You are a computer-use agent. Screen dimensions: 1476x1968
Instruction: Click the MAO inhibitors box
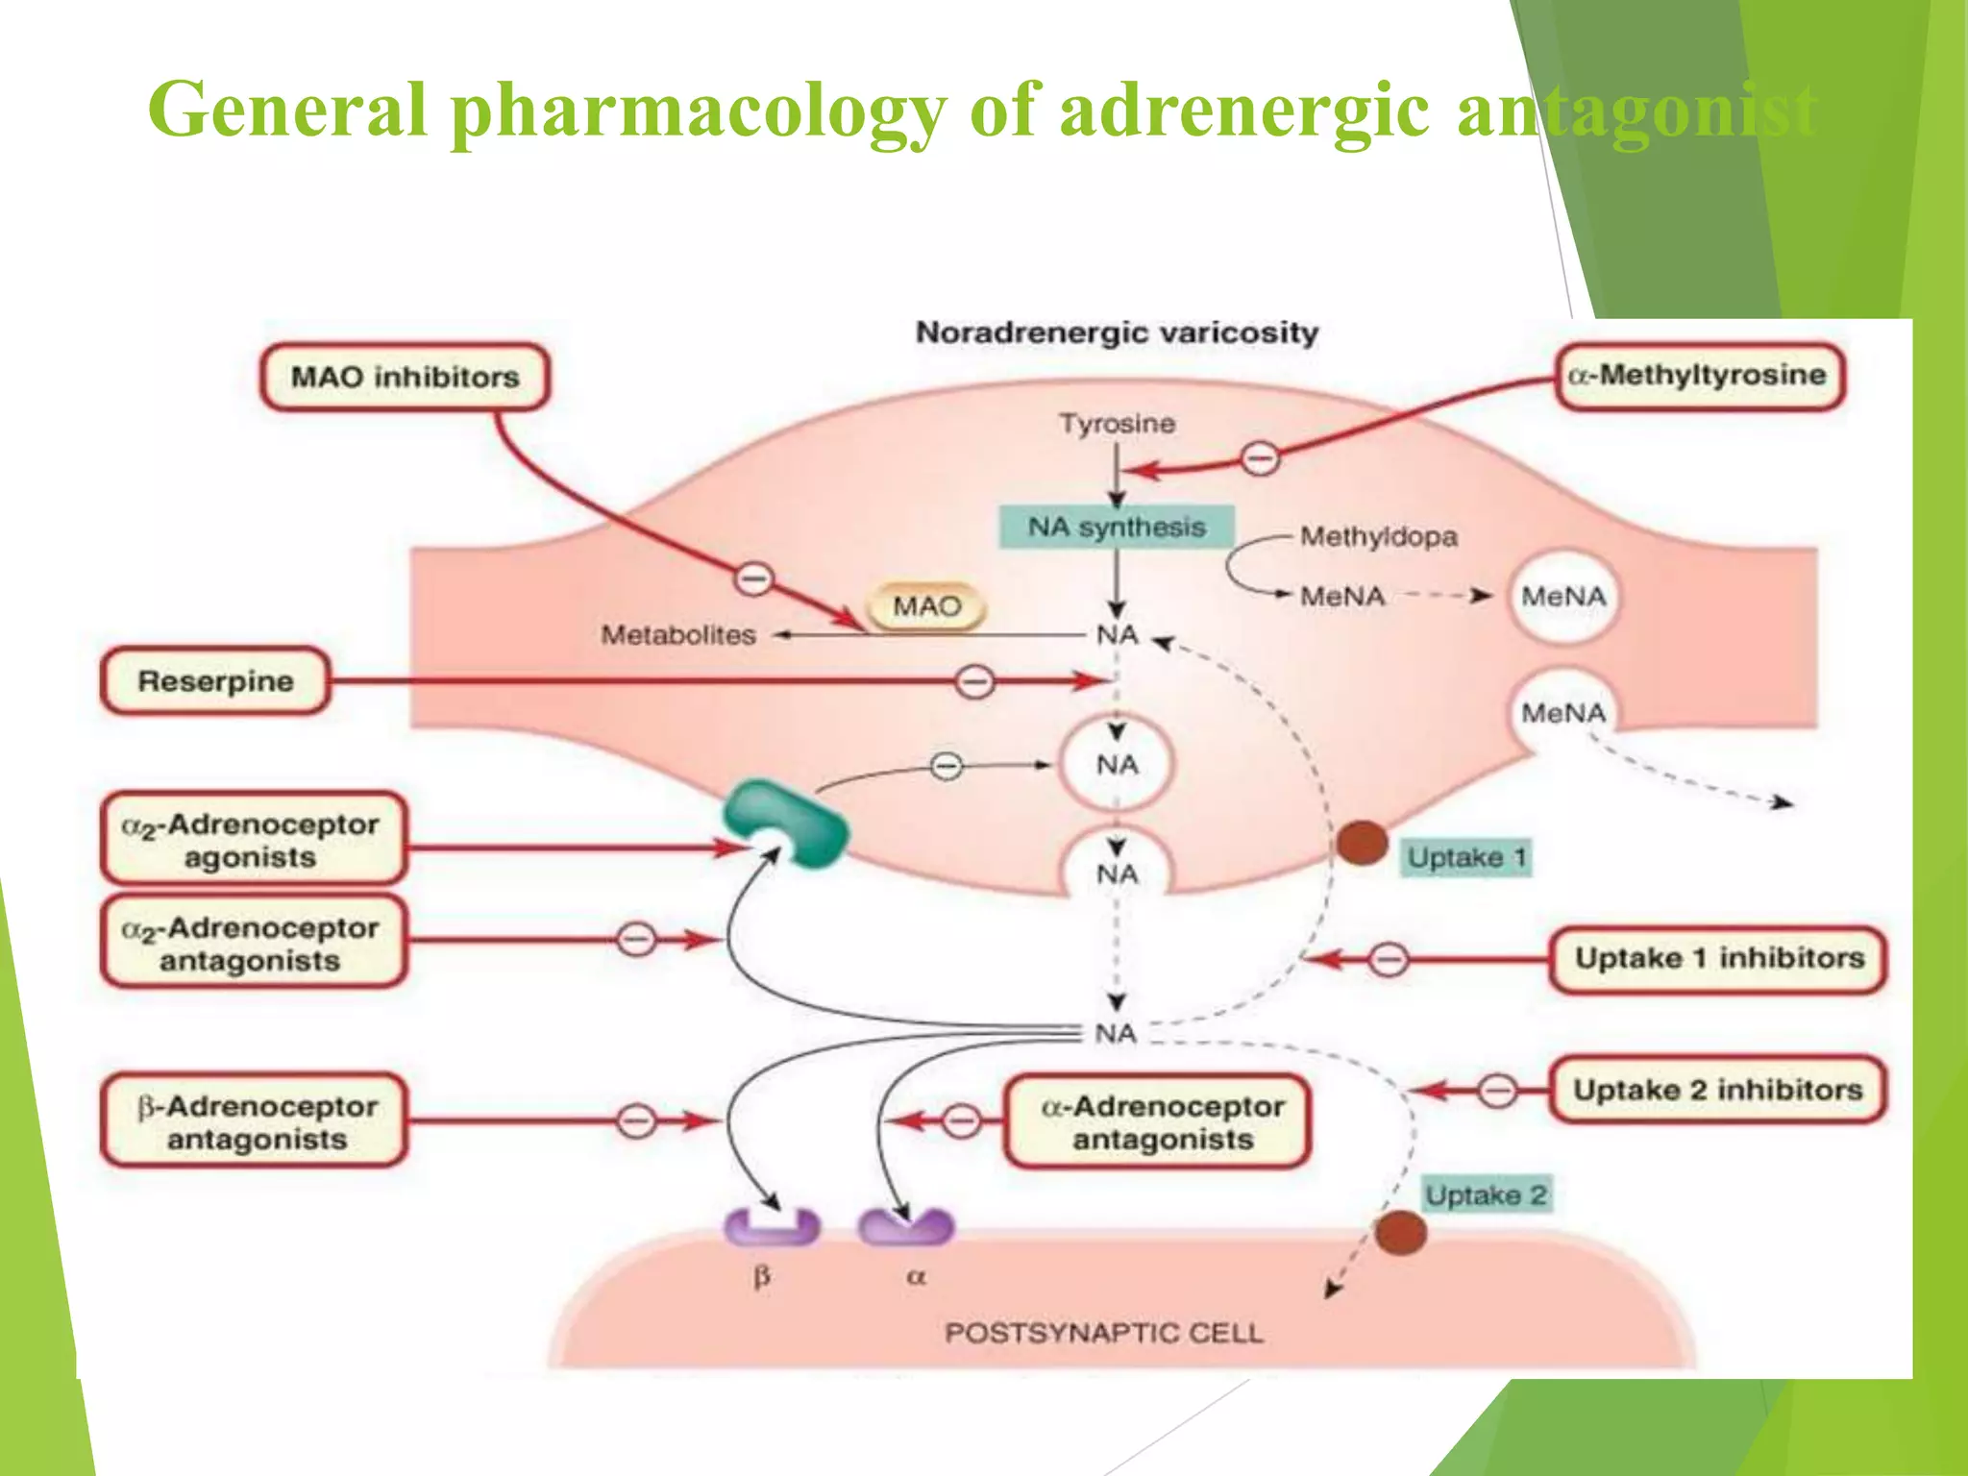pyautogui.click(x=405, y=377)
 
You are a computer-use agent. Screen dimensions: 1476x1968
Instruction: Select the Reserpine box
pyautogui.click(x=215, y=681)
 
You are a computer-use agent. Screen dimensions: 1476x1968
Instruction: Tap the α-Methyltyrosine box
pyautogui.click(x=1699, y=376)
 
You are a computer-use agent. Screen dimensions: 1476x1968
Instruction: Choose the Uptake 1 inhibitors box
pyautogui.click(x=1718, y=958)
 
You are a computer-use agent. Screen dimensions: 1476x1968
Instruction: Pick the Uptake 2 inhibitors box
pyautogui.click(x=1718, y=1090)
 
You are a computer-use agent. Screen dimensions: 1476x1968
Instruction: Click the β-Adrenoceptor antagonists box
pyautogui.click(x=256, y=1121)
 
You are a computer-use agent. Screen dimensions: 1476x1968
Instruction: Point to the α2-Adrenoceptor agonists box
pyautogui.click(x=252, y=839)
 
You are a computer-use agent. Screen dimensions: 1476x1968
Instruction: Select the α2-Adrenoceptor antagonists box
pyautogui.click(x=252, y=943)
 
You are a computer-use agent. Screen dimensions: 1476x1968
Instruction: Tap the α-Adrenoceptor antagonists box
pyautogui.click(x=1161, y=1121)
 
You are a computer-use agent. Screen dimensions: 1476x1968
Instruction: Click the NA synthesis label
pyautogui.click(x=1117, y=527)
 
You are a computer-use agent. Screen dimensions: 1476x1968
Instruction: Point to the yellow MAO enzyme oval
pyautogui.click(x=926, y=606)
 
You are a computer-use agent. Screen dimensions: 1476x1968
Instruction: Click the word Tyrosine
pyautogui.click(x=1117, y=424)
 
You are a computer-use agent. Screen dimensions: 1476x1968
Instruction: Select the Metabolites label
pyautogui.click(x=678, y=635)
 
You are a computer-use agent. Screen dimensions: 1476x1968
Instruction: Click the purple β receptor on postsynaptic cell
pyautogui.click(x=772, y=1228)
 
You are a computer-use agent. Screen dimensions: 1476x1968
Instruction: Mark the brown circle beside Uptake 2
pyautogui.click(x=1399, y=1233)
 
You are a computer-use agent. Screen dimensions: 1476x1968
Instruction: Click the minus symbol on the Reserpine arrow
pyautogui.click(x=975, y=682)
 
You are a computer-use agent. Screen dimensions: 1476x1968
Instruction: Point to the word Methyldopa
pyautogui.click(x=1378, y=536)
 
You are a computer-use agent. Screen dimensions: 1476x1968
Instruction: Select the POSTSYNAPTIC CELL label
pyautogui.click(x=1103, y=1333)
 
